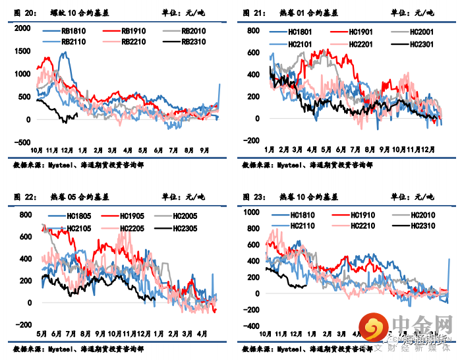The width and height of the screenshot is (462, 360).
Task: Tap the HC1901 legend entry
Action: click(359, 32)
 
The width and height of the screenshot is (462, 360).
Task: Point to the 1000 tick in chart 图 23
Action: click(252, 212)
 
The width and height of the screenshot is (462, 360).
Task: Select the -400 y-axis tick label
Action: click(252, 326)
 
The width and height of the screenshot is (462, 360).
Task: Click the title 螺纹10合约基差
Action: click(81, 13)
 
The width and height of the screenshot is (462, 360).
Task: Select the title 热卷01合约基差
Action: click(310, 13)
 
